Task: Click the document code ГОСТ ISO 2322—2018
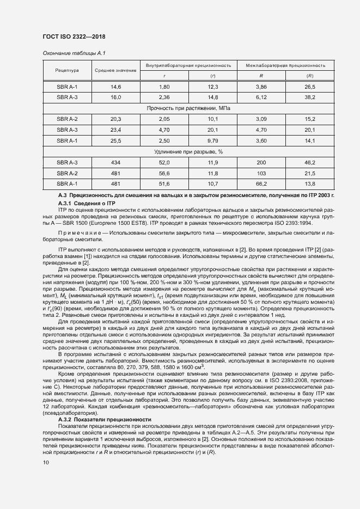(74, 37)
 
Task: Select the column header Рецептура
(67, 70)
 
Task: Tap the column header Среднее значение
(115, 70)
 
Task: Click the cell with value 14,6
(115, 87)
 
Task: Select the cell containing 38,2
(310, 97)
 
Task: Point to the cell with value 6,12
(261, 97)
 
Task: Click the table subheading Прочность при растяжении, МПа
(188, 108)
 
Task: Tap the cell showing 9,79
(213, 140)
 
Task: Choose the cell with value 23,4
(115, 130)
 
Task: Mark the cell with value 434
(115, 162)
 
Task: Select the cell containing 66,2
(261, 183)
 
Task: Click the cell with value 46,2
(310, 162)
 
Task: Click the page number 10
(46, 462)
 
